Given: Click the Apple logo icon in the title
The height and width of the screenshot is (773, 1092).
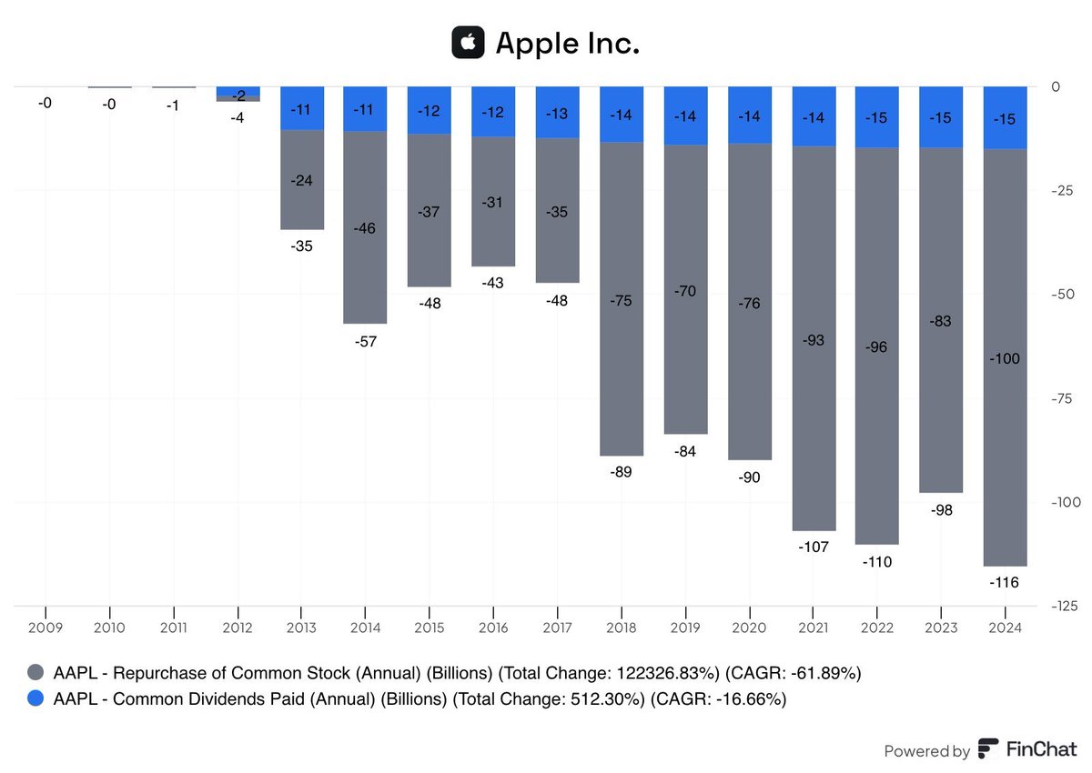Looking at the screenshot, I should coord(468,43).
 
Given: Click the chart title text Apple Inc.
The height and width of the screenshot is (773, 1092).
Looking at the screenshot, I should coord(567,44).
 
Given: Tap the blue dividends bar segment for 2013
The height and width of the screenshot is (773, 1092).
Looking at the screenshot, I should coord(301,108).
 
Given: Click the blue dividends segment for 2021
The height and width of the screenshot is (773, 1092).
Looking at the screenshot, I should coord(814,116).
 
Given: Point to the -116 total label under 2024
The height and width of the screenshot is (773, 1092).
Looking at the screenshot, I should coord(1006,582).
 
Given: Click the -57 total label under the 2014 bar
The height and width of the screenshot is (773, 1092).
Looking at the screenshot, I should coord(365,342).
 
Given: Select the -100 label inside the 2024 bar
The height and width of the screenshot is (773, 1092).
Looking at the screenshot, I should coord(1006,358).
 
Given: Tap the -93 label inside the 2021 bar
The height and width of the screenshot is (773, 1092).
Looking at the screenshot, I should coord(814,339).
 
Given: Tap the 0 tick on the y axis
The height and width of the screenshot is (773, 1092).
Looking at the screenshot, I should coord(1056,87).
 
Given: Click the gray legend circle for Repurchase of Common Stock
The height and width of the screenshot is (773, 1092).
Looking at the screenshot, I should coord(36,674).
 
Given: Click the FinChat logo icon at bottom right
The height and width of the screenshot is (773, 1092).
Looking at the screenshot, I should coord(988,750).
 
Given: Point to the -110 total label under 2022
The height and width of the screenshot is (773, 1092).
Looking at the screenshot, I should coord(877,562).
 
